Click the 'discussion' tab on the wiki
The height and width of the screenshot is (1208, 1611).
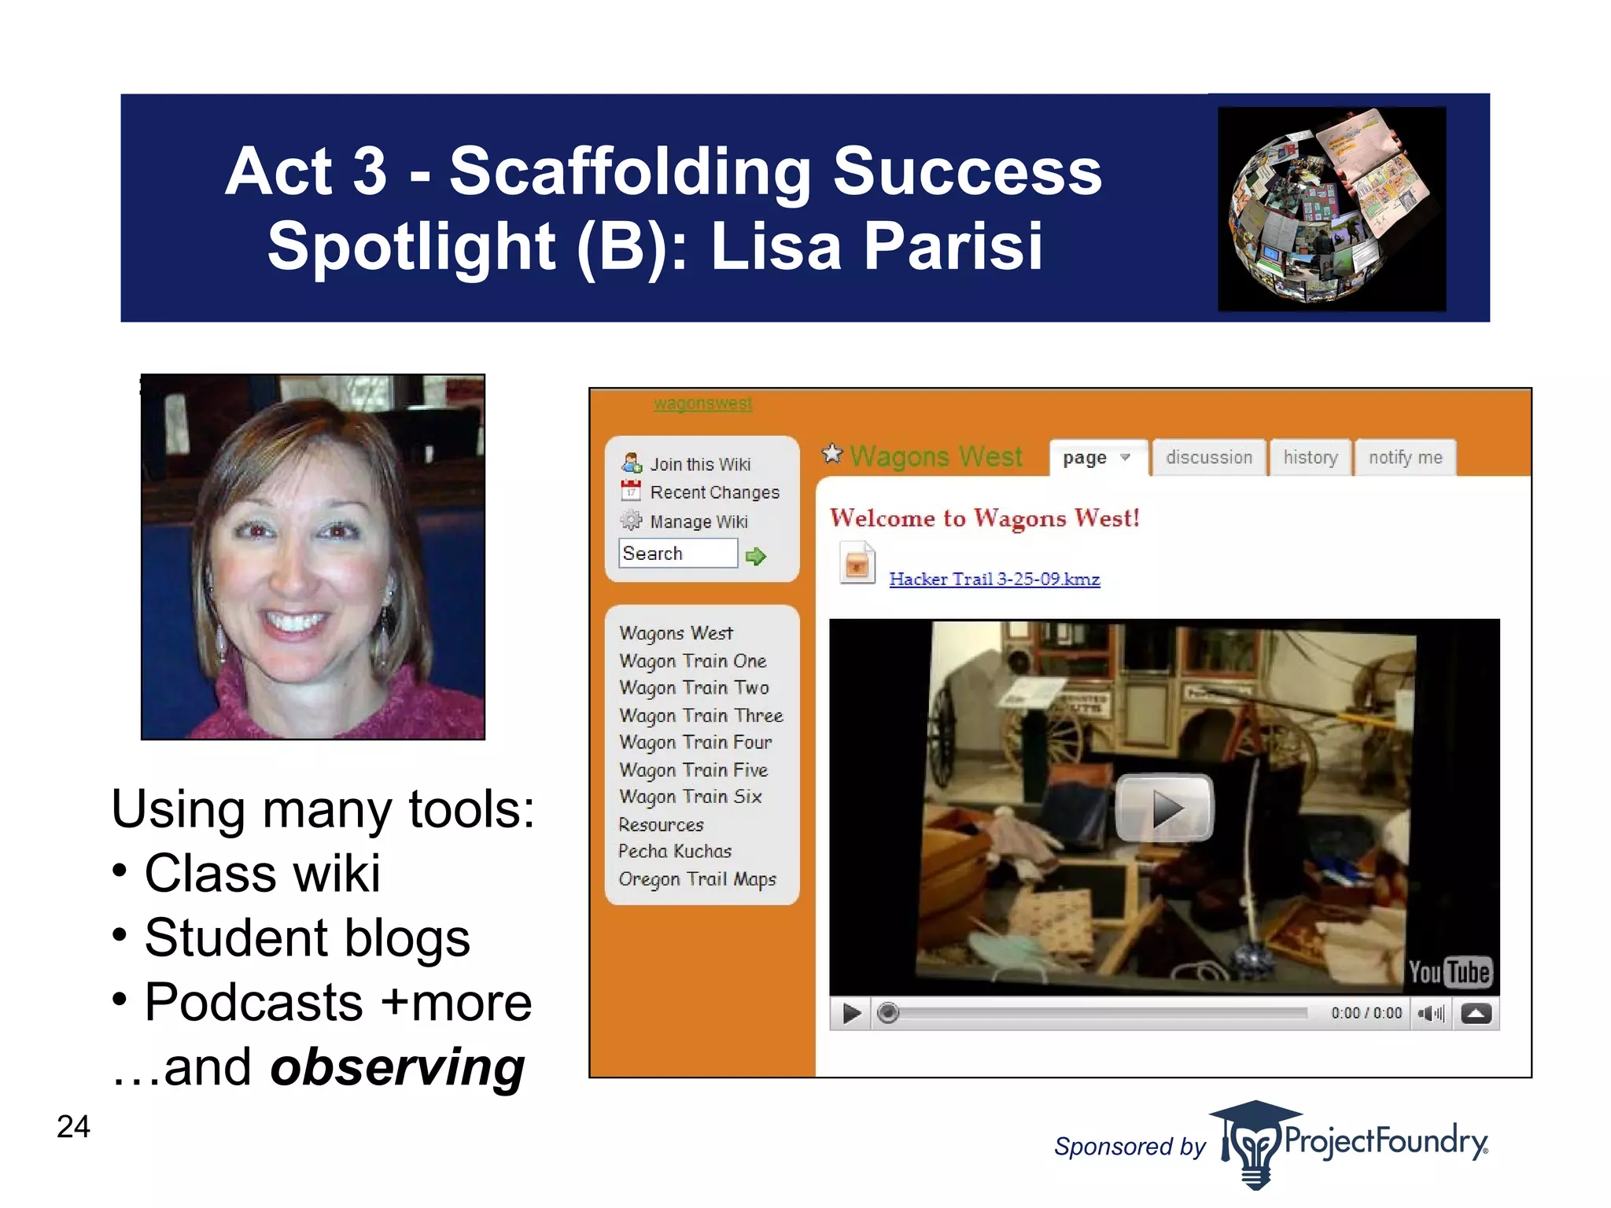click(1208, 458)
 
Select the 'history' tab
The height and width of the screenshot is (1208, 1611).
click(1311, 458)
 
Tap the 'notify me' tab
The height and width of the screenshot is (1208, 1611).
click(1405, 458)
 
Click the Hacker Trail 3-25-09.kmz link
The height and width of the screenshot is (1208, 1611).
click(994, 580)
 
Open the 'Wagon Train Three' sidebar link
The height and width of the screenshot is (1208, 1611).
click(701, 716)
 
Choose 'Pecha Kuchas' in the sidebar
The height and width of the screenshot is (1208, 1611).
click(675, 852)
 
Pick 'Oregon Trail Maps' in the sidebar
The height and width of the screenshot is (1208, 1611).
click(697, 879)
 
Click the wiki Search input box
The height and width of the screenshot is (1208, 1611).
click(678, 554)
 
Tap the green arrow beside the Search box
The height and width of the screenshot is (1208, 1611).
click(756, 557)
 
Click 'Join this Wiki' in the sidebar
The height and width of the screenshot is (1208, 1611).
click(699, 465)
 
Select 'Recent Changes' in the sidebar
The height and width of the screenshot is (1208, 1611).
click(714, 493)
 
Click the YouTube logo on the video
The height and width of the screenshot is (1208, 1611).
click(1449, 972)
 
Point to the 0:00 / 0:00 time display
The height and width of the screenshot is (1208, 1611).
click(1366, 1014)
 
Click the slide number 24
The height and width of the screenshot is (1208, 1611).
click(73, 1127)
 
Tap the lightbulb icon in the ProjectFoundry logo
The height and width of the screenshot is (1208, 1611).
click(1254, 1147)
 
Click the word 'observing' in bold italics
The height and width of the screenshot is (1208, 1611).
click(397, 1068)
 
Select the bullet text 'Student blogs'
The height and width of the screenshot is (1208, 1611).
click(307, 938)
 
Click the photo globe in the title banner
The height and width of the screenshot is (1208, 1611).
click(1331, 208)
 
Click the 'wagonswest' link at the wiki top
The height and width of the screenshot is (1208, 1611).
click(702, 404)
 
